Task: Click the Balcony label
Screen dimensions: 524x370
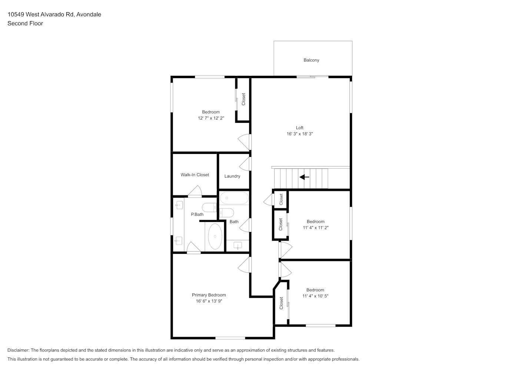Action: (311, 60)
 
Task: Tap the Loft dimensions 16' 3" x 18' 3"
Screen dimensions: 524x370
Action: (300, 134)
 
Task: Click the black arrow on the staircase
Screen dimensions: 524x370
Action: (304, 177)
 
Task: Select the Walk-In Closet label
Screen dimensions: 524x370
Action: (195, 175)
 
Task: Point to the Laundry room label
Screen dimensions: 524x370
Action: (232, 176)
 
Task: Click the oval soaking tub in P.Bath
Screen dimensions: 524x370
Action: (215, 236)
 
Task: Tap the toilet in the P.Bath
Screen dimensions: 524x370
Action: (209, 207)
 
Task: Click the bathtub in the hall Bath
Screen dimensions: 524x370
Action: (234, 198)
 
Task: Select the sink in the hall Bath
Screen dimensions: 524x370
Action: (238, 245)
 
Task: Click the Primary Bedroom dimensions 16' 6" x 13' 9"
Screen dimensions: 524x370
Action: (209, 301)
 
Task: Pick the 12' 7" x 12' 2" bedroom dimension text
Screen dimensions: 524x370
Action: (211, 118)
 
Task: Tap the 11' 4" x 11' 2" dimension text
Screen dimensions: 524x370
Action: (316, 228)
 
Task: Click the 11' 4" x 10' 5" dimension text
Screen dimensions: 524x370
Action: (315, 296)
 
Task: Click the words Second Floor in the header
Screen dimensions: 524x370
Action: (25, 23)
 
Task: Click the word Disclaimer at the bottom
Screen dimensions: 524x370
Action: (19, 350)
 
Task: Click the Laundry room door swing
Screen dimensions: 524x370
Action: (245, 164)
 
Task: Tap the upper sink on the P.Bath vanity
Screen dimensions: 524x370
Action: (179, 205)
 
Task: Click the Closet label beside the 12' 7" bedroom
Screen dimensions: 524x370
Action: (243, 99)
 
